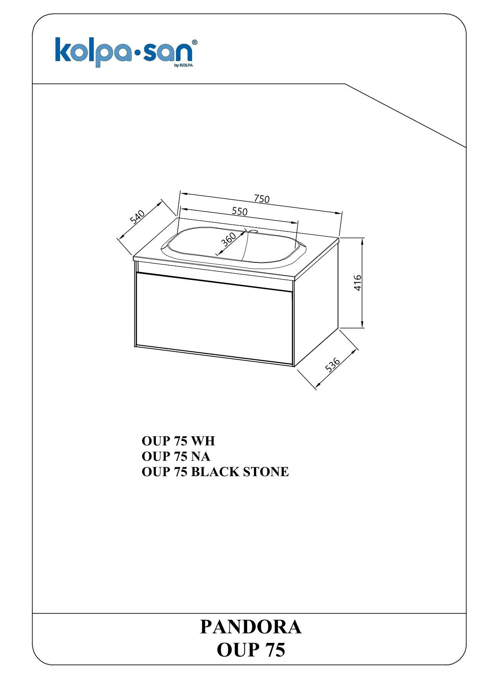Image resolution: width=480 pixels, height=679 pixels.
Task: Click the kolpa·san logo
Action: click(x=126, y=52)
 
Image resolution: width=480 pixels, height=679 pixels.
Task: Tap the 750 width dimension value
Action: click(x=262, y=199)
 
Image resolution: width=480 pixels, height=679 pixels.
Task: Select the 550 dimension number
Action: click(x=239, y=211)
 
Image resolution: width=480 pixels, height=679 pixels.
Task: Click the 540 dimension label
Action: click(x=137, y=217)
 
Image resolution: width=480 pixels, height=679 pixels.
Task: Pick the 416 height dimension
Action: click(x=358, y=283)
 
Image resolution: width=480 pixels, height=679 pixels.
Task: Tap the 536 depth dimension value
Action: click(x=332, y=365)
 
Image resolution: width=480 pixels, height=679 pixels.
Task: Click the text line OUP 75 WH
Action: click(x=178, y=441)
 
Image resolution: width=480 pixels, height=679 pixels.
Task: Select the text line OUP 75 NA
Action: click(x=176, y=456)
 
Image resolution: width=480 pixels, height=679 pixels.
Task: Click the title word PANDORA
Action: click(x=251, y=627)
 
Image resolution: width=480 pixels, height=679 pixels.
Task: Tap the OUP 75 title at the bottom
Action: click(x=251, y=650)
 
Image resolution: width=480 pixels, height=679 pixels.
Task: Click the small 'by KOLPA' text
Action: click(x=184, y=65)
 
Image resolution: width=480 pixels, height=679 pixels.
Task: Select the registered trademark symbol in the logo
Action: click(x=195, y=42)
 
